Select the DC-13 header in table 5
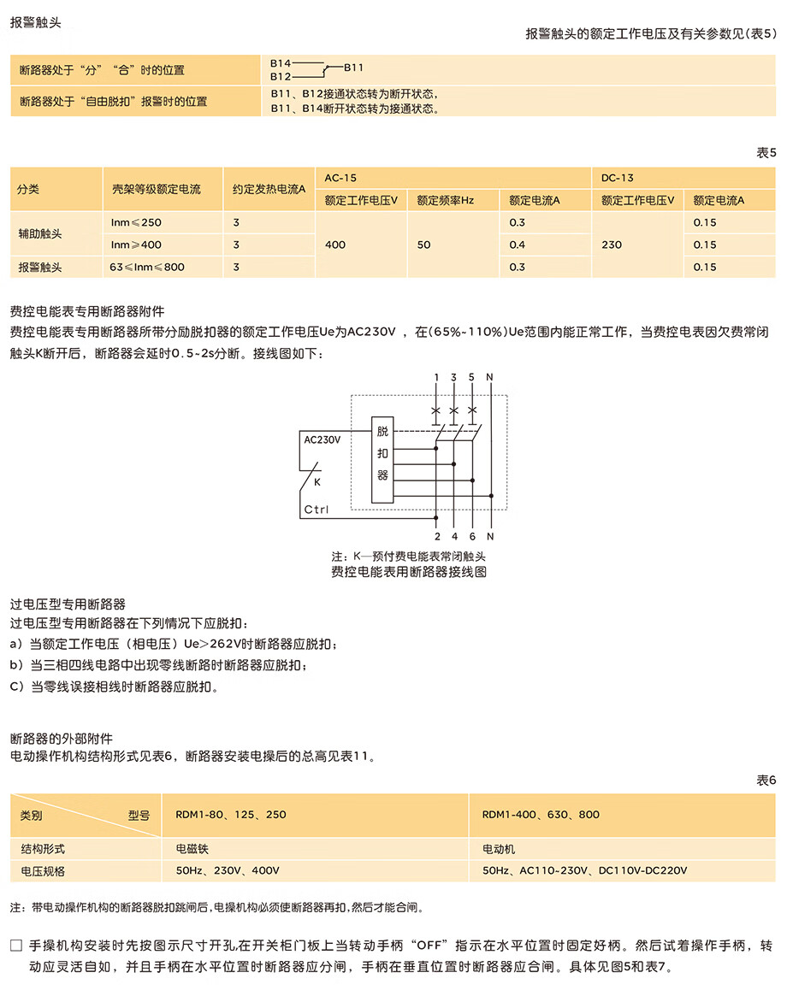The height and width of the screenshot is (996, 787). pos(617,178)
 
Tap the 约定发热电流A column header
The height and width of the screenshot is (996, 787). pos(269,189)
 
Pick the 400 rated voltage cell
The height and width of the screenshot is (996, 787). pos(335,245)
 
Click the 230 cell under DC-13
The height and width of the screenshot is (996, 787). pos(612,245)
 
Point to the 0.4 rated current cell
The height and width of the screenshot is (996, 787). pos(518,245)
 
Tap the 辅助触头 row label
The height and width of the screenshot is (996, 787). pos(40,233)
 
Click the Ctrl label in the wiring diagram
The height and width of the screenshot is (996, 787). pos(317,510)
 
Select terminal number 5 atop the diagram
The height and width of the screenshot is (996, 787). pos(471,377)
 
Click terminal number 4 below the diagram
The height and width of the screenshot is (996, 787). pos(454,536)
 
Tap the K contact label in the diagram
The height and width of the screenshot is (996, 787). pos(317,481)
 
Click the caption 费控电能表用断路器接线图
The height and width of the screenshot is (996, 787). pos(409,572)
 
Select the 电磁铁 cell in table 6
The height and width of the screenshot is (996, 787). pos(192,849)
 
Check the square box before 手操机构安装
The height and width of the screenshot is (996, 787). pos(15,946)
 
